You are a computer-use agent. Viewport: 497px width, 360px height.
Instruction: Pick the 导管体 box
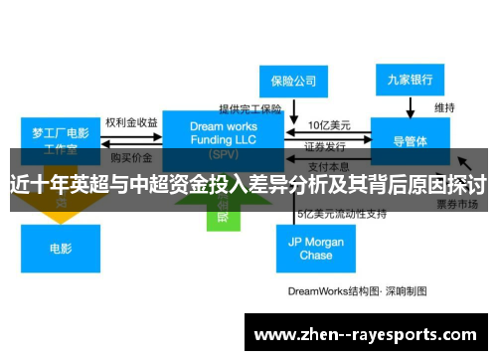(409, 139)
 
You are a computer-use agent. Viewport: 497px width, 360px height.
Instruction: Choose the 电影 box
(60, 249)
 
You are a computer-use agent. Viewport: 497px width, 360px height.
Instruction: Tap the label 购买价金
(130, 157)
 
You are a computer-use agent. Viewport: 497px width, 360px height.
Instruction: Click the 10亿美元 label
(329, 124)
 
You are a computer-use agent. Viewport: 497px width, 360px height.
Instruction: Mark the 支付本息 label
(328, 165)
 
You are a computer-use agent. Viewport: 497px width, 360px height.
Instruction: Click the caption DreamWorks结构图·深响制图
(357, 291)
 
